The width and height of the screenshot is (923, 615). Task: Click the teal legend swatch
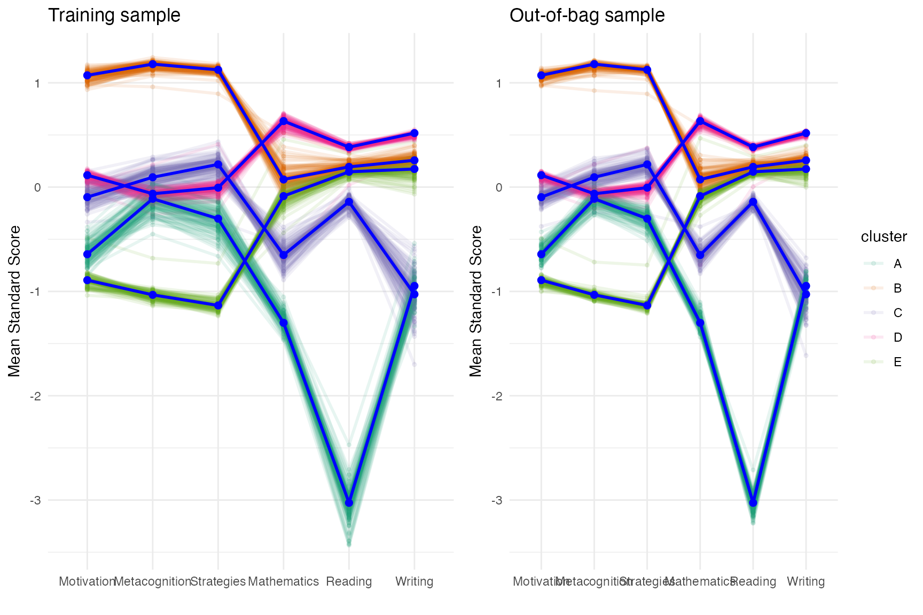coord(873,263)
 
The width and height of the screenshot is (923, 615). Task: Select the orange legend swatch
coord(873,288)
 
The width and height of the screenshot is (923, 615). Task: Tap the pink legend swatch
coord(873,337)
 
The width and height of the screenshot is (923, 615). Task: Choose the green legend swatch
coord(873,361)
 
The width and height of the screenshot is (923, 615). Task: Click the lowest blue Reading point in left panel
coord(349,503)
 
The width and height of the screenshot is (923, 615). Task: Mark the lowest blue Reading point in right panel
coord(753,503)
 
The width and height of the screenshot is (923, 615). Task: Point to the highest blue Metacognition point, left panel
coord(153,64)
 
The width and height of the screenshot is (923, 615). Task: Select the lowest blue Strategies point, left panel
coord(218,305)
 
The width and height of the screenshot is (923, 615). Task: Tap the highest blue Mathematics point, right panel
coord(700,121)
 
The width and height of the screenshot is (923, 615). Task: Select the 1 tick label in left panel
coord(37,83)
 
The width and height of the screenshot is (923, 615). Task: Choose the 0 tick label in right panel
coord(499,187)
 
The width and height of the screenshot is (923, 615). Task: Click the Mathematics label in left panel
coord(283,581)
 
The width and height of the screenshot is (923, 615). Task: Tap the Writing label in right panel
coord(805,581)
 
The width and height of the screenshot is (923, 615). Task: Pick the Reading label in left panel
coord(349,581)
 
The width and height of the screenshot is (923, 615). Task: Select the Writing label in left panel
coord(414,581)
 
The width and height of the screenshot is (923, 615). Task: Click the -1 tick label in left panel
coord(35,291)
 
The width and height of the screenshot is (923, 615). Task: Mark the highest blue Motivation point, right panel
coord(541,75)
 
